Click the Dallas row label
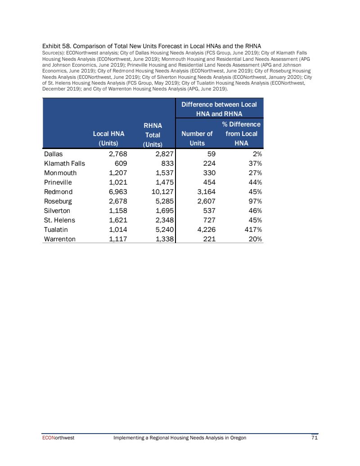53,154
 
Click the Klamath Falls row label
64,163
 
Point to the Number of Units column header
197,138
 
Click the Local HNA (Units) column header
108,138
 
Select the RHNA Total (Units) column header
153,134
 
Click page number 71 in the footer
315,438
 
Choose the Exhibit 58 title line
152,46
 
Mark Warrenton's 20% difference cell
253,239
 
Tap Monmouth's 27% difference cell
253,173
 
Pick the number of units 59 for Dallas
211,154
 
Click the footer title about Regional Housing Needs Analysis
180,438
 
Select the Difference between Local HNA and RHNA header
219,109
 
